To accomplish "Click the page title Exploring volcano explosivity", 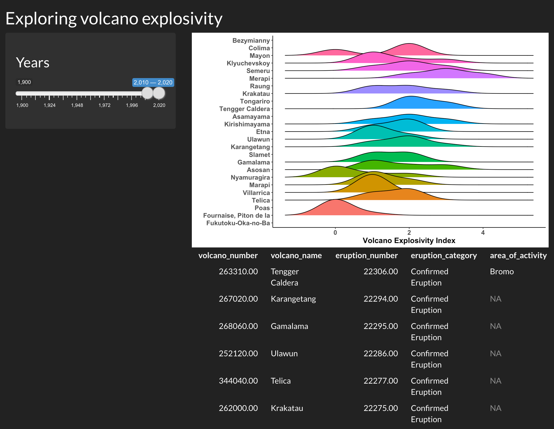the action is (x=114, y=19).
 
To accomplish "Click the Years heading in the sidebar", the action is (x=33, y=62).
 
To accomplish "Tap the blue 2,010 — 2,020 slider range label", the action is (x=153, y=82).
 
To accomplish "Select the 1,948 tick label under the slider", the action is (x=77, y=105).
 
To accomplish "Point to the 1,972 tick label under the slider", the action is (x=104, y=105).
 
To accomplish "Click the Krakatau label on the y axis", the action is (x=256, y=94).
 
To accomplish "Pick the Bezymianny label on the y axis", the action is (x=251, y=40).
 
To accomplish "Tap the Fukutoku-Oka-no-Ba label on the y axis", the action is (x=238, y=223).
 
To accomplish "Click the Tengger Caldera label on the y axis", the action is (x=245, y=109).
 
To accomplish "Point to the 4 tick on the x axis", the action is (x=483, y=232).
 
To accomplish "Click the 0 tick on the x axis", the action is (x=335, y=232).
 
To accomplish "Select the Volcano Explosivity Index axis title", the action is (x=409, y=241).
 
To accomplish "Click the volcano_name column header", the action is (x=296, y=255).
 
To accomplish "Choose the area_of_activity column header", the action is (x=518, y=255).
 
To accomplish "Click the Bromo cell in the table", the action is (x=502, y=271).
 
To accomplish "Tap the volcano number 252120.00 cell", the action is (x=238, y=353).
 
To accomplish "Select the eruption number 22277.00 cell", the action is (x=381, y=381).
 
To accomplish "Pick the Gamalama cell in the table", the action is (x=289, y=326).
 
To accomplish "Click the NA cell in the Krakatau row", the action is (x=496, y=408).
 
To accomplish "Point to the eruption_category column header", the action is (x=444, y=255).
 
